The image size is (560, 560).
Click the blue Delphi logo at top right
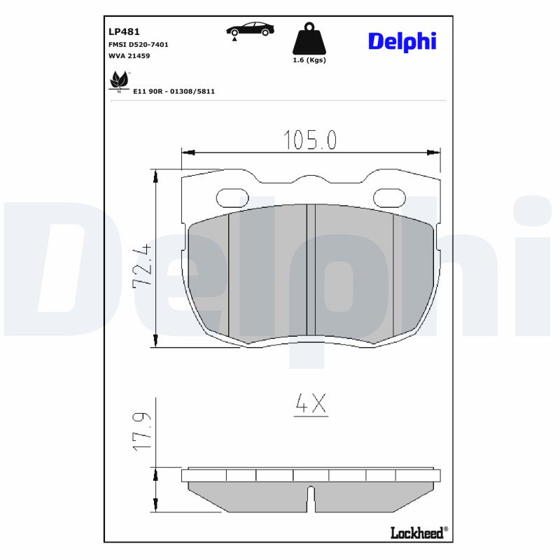pos(402,42)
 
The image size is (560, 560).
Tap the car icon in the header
pos(249,29)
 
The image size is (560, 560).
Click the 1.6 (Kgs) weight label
pos(309,60)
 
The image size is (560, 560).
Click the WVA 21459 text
pos(129,55)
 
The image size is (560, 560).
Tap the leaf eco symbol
pos(118,82)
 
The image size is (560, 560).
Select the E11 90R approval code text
pos(174,91)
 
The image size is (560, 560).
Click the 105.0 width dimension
pos(310,140)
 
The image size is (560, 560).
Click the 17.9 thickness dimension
pos(142,430)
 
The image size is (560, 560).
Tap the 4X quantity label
pos(311,404)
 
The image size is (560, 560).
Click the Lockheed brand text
pos(416,533)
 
